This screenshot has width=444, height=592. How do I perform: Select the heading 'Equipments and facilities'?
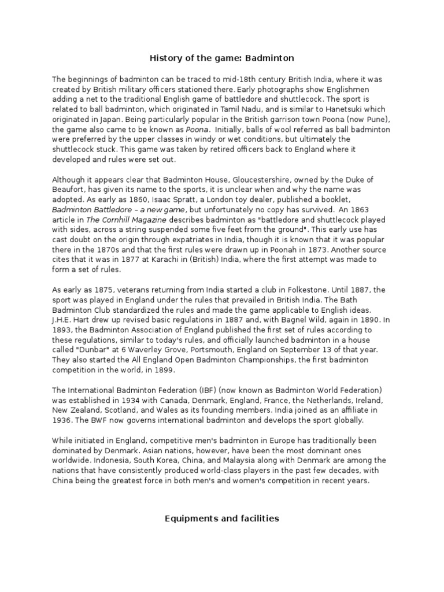click(x=222, y=519)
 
